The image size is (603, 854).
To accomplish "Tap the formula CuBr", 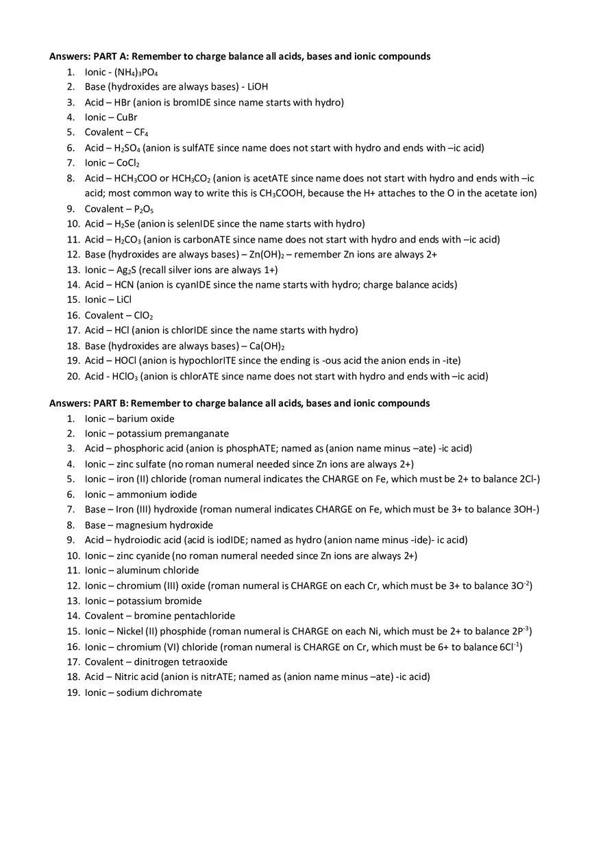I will (x=127, y=117).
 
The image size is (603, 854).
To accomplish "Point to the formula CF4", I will (x=136, y=132).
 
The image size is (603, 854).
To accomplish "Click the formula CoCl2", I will (x=128, y=163).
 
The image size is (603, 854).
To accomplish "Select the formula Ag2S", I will (x=126, y=270).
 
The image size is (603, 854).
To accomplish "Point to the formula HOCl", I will (x=126, y=360).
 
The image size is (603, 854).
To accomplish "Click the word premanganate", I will (x=195, y=434).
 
